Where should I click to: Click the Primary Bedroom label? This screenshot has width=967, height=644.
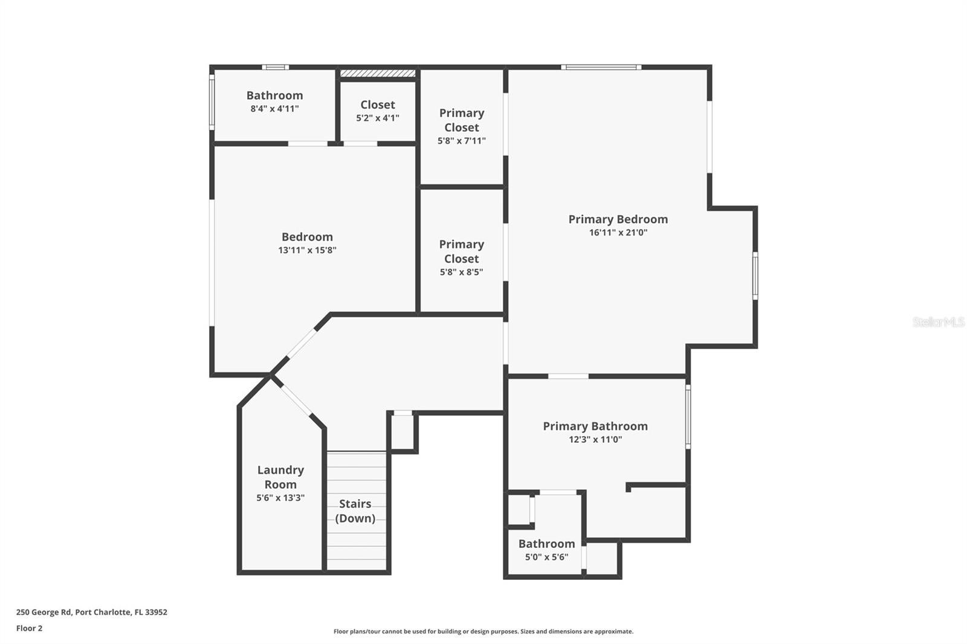coord(618,219)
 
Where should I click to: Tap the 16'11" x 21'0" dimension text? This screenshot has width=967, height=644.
coord(618,233)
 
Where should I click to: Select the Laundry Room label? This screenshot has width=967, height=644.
coord(280,477)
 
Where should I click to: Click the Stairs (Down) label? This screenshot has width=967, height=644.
coord(355,511)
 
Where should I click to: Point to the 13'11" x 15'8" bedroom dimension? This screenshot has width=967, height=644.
coord(307,250)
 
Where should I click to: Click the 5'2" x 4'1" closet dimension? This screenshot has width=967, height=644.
coord(378,118)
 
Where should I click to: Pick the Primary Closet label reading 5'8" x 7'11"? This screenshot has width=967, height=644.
coord(462,120)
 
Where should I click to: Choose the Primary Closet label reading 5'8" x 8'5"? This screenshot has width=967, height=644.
coord(462,251)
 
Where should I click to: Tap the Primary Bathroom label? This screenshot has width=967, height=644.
coord(595,427)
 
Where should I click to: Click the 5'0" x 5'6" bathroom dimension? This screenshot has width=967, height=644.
coord(546,557)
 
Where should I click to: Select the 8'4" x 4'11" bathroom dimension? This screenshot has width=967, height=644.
coord(274,109)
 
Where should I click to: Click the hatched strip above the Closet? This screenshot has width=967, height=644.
coord(378,74)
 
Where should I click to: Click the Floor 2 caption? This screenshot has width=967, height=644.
coord(29,628)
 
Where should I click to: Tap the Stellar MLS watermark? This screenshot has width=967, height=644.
coord(938,322)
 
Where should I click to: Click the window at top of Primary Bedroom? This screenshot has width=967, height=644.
coord(601,67)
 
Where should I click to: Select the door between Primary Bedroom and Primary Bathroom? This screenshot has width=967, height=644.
coord(568,376)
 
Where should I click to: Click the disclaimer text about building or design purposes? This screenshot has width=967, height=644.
coord(483,632)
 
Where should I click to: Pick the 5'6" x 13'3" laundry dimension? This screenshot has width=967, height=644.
coord(280,498)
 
